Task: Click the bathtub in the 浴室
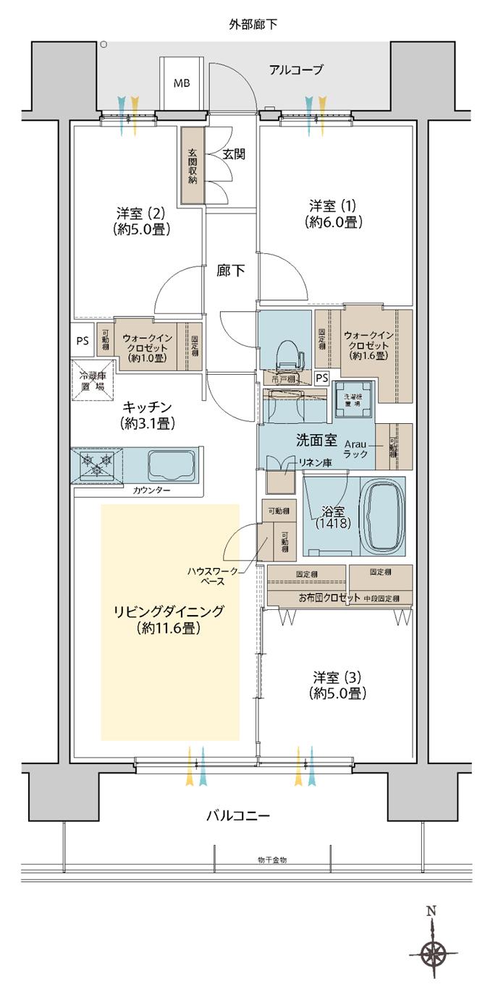[x=382, y=515]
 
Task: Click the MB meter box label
[x=181, y=82]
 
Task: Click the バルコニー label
[x=238, y=815]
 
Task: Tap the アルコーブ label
[x=295, y=69]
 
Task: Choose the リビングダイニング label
[x=169, y=620]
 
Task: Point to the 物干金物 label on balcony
[x=272, y=860]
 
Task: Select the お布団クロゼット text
[x=329, y=598]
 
